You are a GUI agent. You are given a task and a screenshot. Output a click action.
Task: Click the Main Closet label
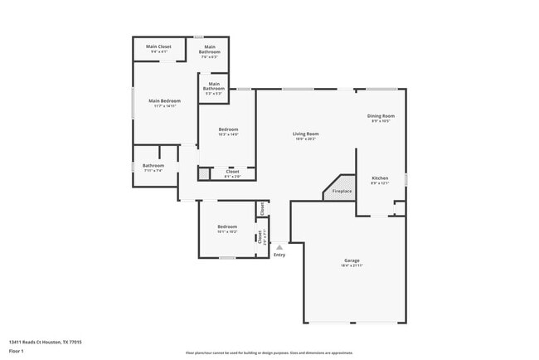click(x=158, y=46)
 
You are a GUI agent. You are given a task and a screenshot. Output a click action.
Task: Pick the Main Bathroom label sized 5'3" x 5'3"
click(x=214, y=85)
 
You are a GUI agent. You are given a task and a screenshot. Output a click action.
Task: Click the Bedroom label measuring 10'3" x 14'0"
click(x=228, y=129)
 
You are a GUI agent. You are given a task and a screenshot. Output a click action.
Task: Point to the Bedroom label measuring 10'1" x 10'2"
click(x=227, y=226)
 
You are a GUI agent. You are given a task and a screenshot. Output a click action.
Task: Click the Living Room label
click(x=305, y=134)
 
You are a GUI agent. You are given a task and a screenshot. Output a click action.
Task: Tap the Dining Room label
click(x=381, y=116)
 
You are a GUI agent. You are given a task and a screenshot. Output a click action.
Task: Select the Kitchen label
click(x=380, y=178)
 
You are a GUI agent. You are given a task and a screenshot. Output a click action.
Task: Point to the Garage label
click(x=352, y=260)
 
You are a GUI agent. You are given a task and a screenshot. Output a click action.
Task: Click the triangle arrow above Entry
click(x=279, y=246)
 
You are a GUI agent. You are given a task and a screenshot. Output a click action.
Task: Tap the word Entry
click(x=279, y=255)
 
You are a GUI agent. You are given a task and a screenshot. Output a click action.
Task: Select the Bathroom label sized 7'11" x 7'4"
click(x=153, y=166)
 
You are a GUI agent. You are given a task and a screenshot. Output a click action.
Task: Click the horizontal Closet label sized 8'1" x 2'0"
click(x=232, y=172)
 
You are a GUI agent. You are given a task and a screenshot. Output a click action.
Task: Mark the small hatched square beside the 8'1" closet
click(x=203, y=174)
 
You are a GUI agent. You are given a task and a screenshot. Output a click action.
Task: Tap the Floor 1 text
click(x=17, y=351)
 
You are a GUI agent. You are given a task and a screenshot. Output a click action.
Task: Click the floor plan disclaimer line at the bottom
click(x=269, y=353)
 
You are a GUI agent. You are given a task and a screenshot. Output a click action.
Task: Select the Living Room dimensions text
click(x=305, y=139)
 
